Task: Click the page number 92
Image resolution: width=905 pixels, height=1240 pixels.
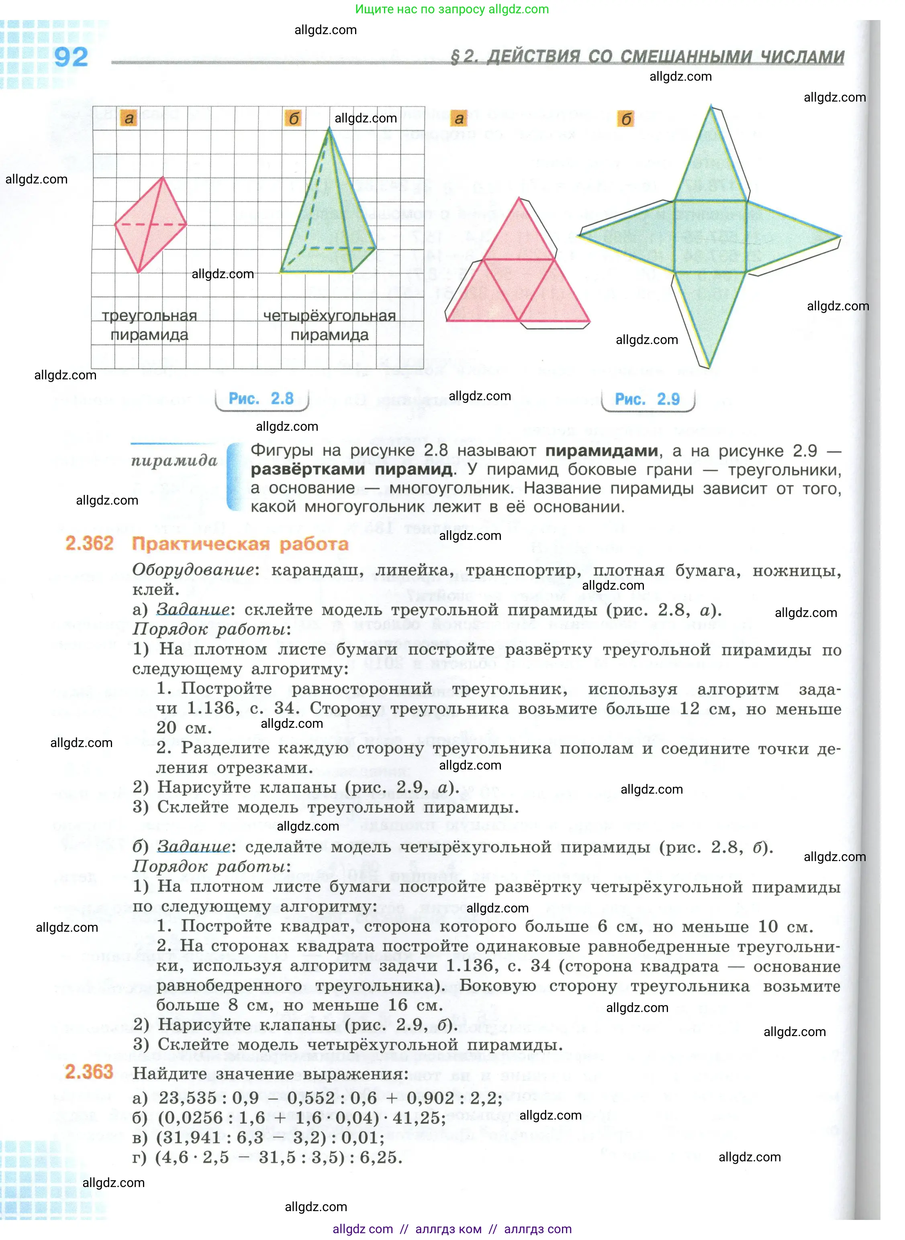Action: pos(71,57)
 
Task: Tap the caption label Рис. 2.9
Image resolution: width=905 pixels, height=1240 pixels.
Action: pos(647,399)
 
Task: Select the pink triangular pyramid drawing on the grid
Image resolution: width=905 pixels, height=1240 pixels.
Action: pos(149,224)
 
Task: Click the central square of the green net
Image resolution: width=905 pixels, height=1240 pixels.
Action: pos(710,236)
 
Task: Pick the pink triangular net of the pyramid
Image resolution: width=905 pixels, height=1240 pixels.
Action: pos(518,274)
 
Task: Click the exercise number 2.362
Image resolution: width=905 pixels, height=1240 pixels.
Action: pos(89,544)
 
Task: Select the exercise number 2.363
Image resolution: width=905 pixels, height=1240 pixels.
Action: pos(89,1071)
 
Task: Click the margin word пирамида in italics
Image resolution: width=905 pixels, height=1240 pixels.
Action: pos(174,460)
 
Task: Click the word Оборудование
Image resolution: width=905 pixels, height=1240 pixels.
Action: pos(193,570)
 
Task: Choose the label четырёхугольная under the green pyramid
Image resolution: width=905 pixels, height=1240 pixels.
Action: pos(329,316)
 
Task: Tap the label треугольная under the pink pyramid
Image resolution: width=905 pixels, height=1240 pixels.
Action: pos(149,316)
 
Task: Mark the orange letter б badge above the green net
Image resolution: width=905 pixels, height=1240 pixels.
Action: pos(625,119)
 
